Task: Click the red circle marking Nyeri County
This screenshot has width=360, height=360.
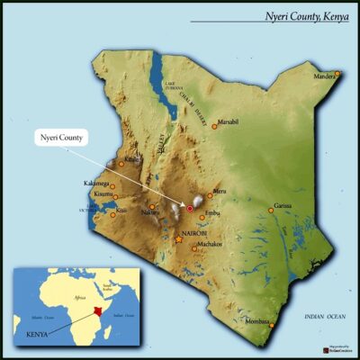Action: pos(190,209)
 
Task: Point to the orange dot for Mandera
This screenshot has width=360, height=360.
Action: pos(337,73)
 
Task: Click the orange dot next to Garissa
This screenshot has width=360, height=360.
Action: pos(271,210)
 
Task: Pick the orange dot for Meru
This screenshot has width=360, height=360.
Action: pos(210,195)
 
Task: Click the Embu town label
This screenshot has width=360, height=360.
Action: pos(212,212)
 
